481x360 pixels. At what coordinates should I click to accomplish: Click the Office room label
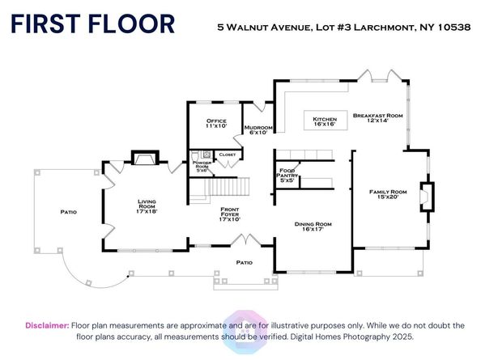tap(216, 123)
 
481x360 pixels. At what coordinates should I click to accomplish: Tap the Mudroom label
tap(258, 130)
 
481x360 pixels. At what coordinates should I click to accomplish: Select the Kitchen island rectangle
tap(326, 120)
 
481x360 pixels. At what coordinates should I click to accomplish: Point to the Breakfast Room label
tap(377, 118)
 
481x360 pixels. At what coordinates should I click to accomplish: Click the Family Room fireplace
tap(427, 197)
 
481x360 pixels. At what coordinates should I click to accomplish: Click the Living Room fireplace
tap(145, 158)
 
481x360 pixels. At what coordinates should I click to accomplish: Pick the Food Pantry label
tap(287, 176)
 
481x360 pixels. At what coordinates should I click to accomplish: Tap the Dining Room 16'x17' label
tap(313, 227)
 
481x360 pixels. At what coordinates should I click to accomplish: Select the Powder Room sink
tap(207, 154)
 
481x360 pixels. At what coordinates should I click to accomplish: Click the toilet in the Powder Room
tap(194, 155)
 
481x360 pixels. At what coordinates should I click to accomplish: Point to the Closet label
tap(228, 155)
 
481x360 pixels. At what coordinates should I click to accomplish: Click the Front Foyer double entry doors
tap(246, 239)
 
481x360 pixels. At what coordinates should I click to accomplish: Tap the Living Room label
tap(147, 206)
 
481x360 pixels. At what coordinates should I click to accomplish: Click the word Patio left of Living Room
tap(68, 212)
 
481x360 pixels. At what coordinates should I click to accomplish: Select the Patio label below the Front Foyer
tap(245, 263)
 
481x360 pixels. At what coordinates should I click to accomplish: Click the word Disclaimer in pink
tap(47, 325)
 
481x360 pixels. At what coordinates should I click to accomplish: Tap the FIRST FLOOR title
tap(93, 24)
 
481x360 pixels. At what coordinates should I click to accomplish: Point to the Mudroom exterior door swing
tap(261, 107)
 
